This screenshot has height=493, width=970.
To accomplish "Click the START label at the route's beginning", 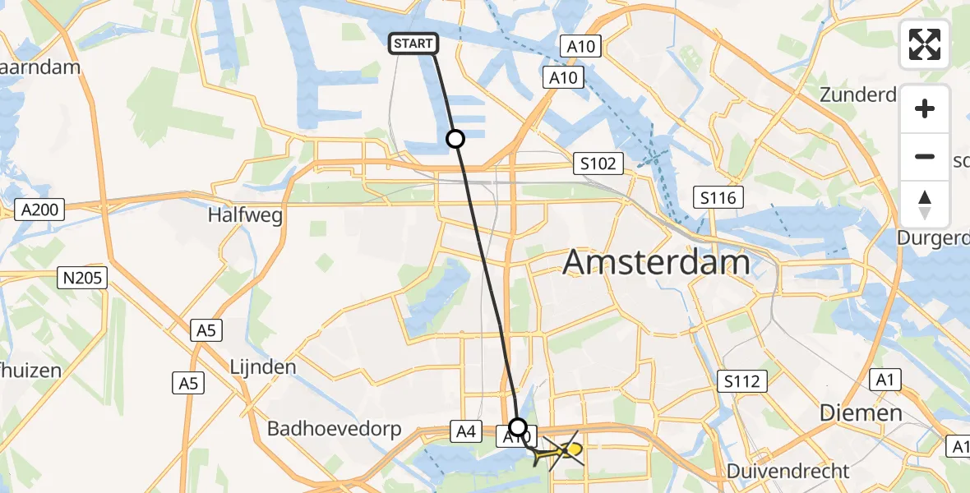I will (413, 44).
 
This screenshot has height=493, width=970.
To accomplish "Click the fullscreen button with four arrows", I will (925, 44).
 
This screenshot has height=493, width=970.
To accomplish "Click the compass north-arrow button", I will (925, 205).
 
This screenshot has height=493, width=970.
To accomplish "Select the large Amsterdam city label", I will (656, 264).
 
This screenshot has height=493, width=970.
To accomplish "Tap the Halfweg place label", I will (247, 216).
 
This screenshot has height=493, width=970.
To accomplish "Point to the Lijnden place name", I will (263, 366).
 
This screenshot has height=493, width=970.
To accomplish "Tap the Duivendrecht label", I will (788, 472).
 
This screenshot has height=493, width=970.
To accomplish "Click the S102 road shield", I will (598, 164).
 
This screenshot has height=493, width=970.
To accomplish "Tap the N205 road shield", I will (82, 278).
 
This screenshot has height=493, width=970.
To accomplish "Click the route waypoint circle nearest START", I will (455, 139).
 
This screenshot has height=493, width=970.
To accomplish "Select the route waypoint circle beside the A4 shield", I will (518, 426).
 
